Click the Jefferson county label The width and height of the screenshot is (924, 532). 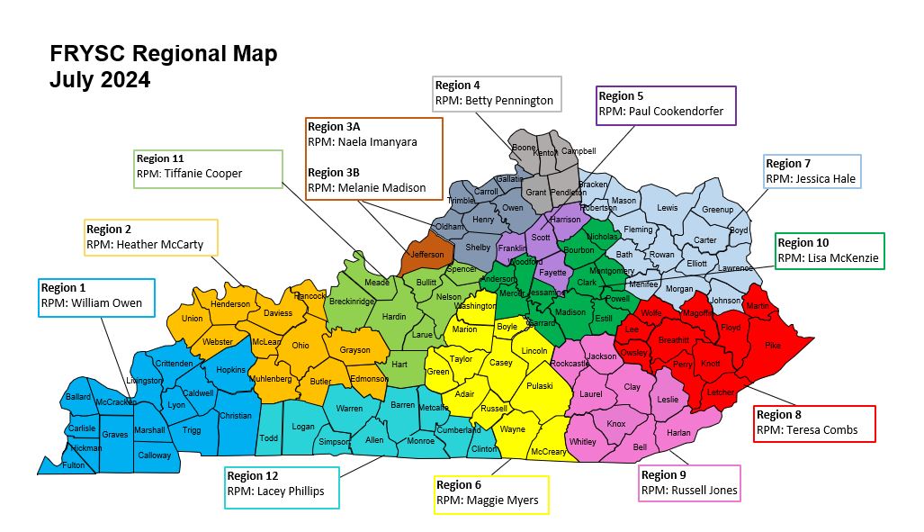pos(427,255)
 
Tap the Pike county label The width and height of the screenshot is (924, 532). pos(773,345)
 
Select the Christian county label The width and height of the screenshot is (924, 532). pos(235,416)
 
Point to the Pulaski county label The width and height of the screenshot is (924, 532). pos(539,385)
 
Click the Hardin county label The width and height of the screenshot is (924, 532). pos(394,317)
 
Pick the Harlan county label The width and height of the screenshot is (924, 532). pos(677,433)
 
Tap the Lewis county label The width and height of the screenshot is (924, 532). pos(667,208)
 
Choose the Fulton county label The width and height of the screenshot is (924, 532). pos(73,465)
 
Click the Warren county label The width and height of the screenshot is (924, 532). pos(349,409)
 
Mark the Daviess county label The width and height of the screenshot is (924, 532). pos(278,313)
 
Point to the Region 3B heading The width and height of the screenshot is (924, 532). pos(337,172)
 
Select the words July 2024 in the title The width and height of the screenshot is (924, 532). pos(100,80)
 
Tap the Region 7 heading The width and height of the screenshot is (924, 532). pos(788,164)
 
